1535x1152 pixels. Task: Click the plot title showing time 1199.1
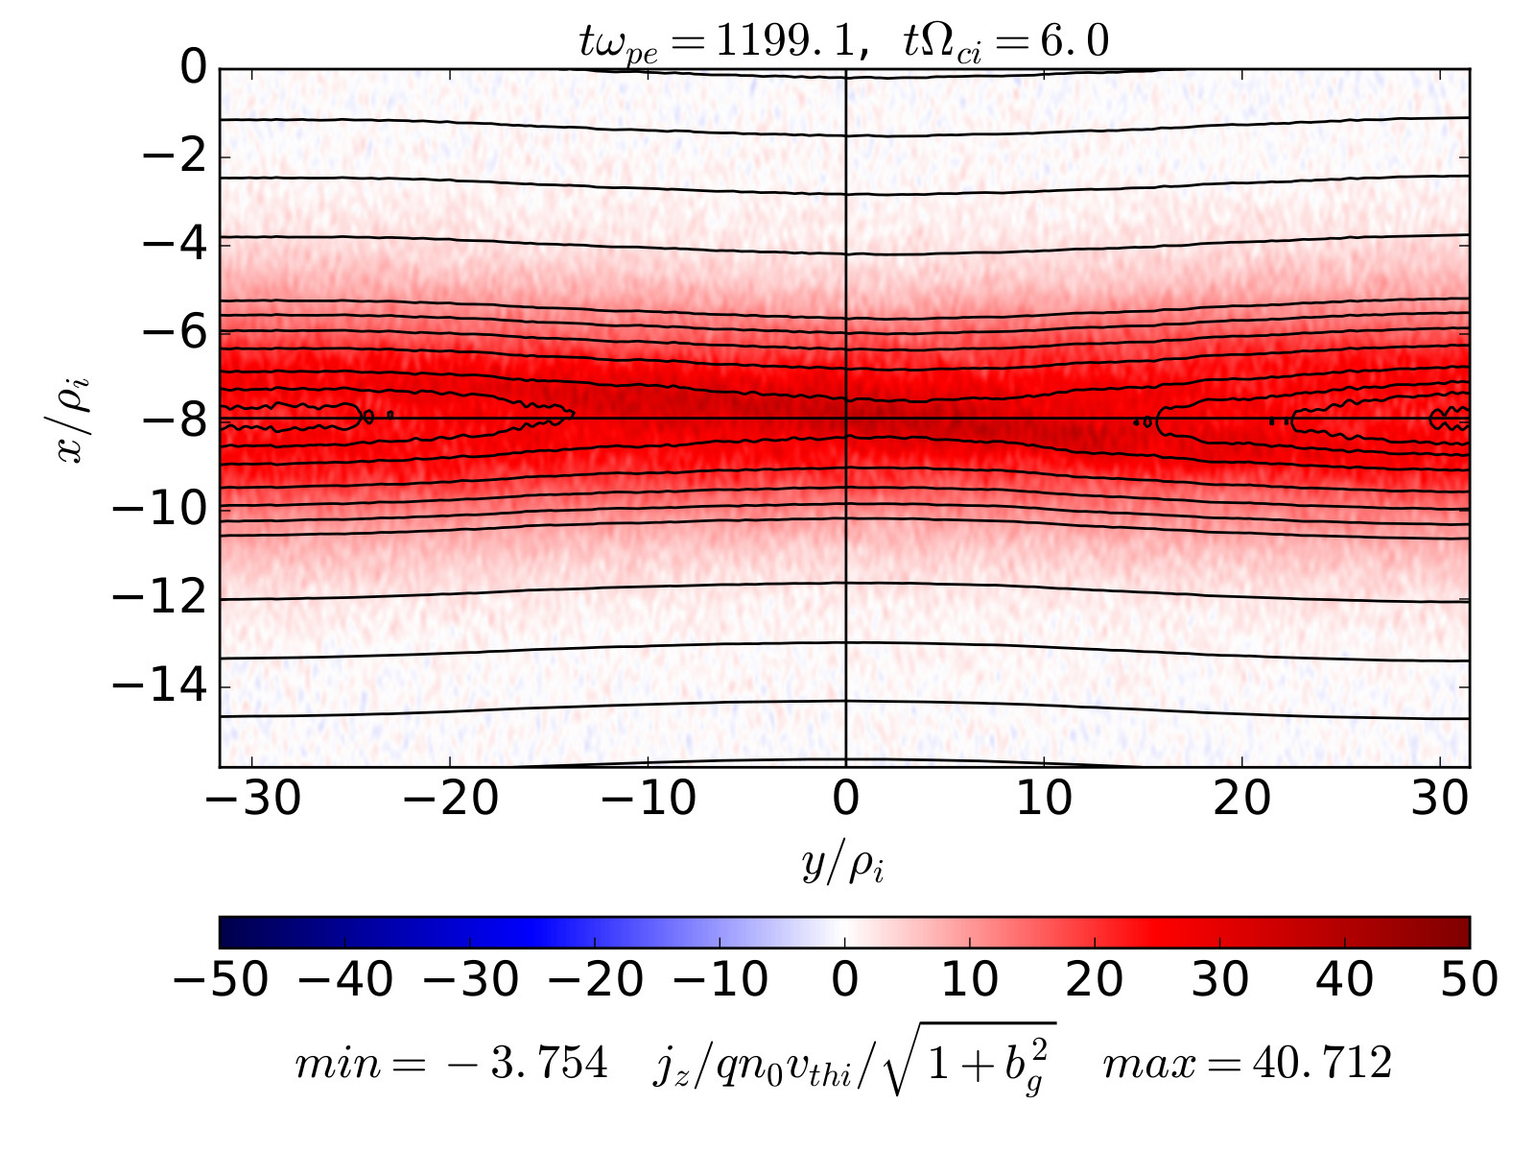point(844,42)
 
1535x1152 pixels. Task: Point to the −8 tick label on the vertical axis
point(175,420)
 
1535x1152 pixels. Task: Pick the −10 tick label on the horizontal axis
point(649,799)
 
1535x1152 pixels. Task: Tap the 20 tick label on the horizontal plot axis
point(1242,799)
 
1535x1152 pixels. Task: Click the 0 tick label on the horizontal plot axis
point(845,799)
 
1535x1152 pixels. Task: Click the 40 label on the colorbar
point(1344,980)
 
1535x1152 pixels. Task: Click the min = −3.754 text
point(451,1063)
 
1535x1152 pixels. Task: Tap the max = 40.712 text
point(1247,1063)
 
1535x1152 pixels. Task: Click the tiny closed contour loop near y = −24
point(369,418)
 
